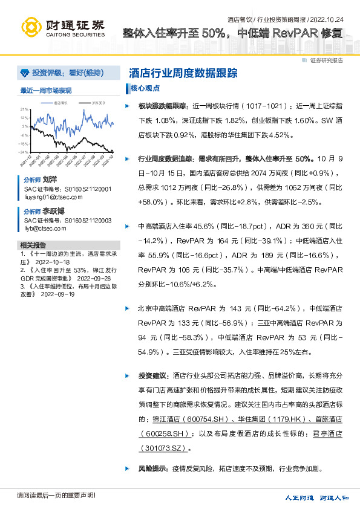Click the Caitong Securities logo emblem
pyautogui.click(x=31, y=26)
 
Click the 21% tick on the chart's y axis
pyautogui.click(x=24, y=109)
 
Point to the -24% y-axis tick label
pyautogui.click(x=24, y=152)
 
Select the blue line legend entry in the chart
pyautogui.click(x=59, y=103)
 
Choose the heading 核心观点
pyautogui.click(x=145, y=88)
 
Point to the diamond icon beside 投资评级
pyautogui.click(x=24, y=73)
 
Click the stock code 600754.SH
pyautogui.click(x=187, y=418)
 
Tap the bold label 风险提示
pyautogui.click(x=152, y=468)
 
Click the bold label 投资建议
pyautogui.click(x=152, y=375)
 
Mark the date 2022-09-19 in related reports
pyautogui.click(x=57, y=294)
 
